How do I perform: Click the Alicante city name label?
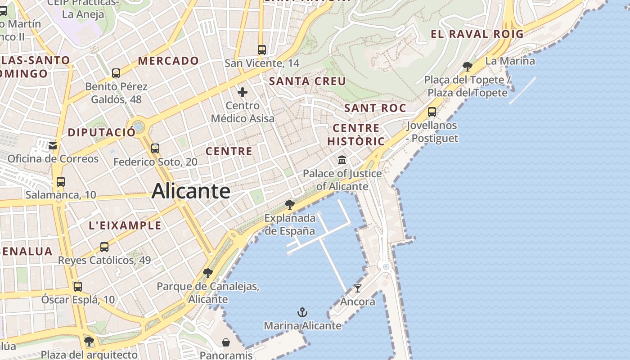[x=191, y=191]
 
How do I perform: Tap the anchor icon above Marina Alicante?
[x=302, y=312]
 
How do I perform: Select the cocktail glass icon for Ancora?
[x=358, y=288]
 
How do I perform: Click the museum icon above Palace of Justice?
[x=342, y=160]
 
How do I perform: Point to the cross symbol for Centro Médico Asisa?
[x=243, y=93]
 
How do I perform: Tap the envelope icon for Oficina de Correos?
[x=53, y=145]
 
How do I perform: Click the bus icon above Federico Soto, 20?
[x=155, y=148]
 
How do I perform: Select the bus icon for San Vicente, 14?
[x=262, y=49]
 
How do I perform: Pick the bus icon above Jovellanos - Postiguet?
[x=432, y=112]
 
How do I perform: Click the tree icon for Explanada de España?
[x=290, y=205]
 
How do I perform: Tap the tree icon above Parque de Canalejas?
[x=207, y=273]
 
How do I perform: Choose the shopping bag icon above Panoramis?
[x=226, y=342]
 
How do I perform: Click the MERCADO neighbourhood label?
[x=168, y=61]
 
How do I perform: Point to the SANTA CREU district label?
[x=307, y=81]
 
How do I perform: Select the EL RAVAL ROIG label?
[x=477, y=34]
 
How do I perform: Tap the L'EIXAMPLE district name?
[x=125, y=225]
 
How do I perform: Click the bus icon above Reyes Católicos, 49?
[x=104, y=247]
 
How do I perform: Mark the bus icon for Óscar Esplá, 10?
[x=78, y=286]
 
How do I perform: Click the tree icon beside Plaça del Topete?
[x=468, y=67]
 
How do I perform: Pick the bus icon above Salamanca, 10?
[x=60, y=182]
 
